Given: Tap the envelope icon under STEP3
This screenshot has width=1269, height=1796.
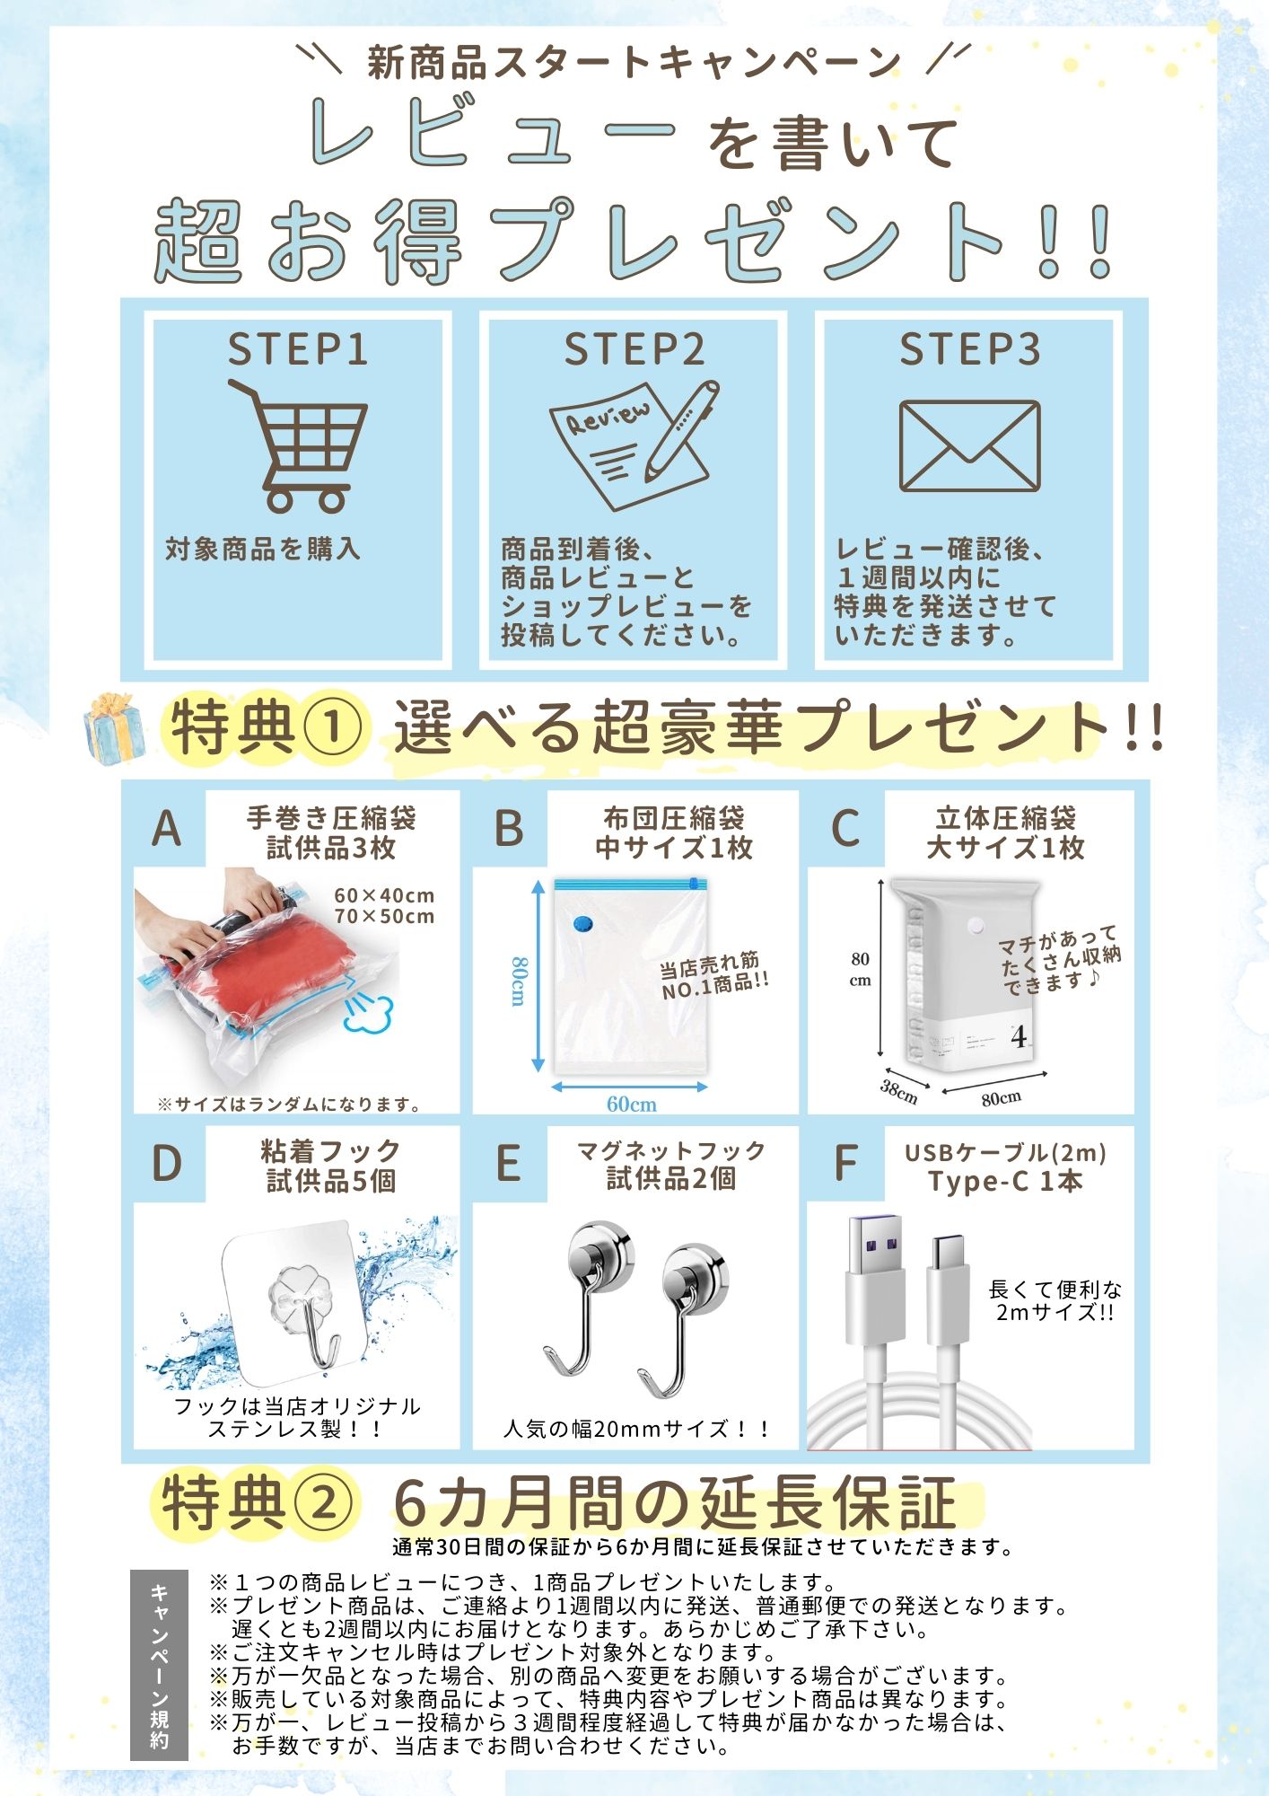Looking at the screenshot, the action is point(969,446).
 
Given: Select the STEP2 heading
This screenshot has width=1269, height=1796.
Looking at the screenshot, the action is point(634,349).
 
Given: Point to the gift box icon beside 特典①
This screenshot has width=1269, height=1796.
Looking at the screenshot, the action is point(114,728).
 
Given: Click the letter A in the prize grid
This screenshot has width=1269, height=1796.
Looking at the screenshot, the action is point(167,828).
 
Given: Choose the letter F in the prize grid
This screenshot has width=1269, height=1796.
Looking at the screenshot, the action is point(845,1164).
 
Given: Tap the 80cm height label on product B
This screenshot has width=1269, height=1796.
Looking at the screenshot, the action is point(519,981).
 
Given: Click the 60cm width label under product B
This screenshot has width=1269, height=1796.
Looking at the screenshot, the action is point(631,1104).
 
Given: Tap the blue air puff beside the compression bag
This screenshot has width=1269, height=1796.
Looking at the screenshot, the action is point(368,1015).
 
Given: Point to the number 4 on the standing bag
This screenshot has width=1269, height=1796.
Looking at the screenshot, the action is point(1019,1038).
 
